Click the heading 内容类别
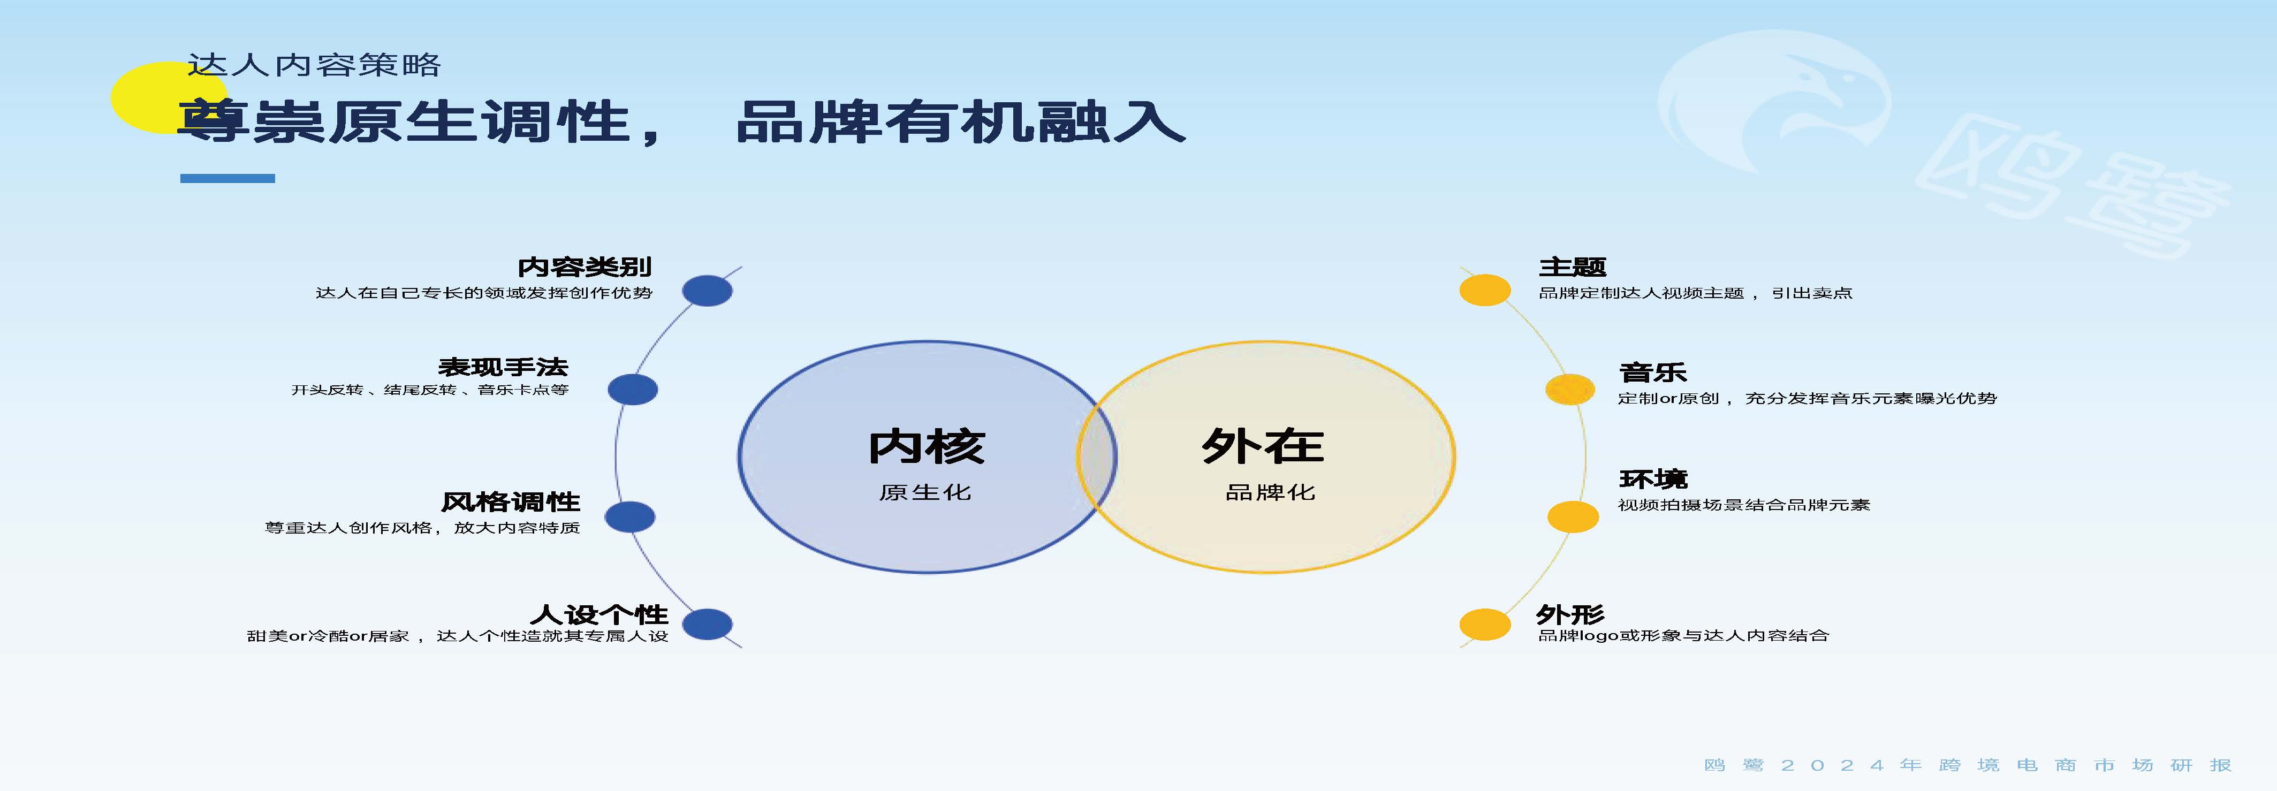585,267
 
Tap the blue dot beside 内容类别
707,291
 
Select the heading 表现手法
503,367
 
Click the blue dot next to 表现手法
633,390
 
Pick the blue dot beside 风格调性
629,517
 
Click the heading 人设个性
599,614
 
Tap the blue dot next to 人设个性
707,624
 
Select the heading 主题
1573,267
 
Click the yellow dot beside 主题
1485,291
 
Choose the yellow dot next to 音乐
1570,390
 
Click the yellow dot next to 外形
1485,624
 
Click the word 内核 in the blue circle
927,446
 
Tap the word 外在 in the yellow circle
1262,446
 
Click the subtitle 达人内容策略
314,65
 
